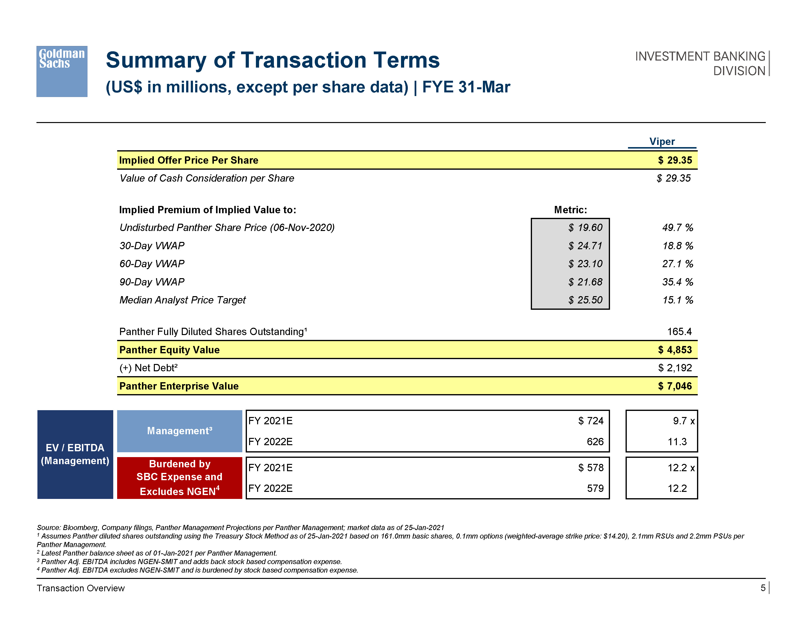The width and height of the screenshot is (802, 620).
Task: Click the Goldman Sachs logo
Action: [62, 71]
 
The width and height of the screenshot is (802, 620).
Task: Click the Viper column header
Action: [662, 142]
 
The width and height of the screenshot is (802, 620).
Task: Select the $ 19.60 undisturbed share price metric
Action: [585, 228]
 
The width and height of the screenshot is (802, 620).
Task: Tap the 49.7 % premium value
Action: [678, 228]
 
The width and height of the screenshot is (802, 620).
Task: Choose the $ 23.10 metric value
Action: [585, 264]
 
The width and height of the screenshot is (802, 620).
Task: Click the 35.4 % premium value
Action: [678, 282]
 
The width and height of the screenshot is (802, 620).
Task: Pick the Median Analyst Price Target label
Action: [183, 300]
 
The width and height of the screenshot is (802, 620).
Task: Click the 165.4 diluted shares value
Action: [679, 332]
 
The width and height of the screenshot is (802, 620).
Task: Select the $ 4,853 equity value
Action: [675, 350]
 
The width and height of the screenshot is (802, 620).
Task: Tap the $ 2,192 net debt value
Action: [675, 368]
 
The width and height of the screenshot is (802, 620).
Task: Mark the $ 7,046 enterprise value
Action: [675, 386]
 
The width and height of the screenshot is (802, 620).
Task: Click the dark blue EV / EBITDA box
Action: [75, 454]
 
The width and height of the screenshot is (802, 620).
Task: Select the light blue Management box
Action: [180, 431]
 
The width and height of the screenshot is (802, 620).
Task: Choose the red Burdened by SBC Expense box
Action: [180, 478]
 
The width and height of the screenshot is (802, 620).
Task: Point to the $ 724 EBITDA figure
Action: [591, 421]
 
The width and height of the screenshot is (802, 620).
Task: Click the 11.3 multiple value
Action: [677, 442]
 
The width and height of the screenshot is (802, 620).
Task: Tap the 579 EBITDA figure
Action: [595, 488]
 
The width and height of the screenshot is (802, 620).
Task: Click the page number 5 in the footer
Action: [763, 588]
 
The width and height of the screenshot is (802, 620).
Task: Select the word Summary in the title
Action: [156, 60]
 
